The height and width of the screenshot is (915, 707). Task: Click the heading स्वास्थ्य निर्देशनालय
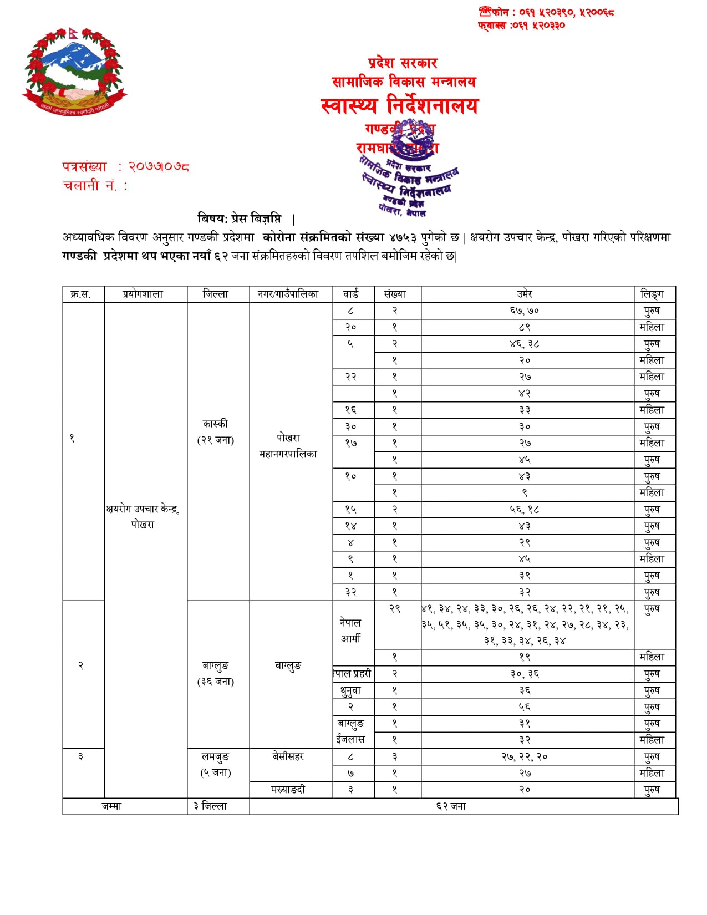[x=399, y=105]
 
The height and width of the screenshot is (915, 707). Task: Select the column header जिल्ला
[x=216, y=294]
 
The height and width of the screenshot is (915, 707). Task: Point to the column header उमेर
[x=525, y=294]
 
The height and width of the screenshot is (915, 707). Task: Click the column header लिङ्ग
[x=652, y=294]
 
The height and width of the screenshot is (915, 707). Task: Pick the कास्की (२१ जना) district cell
[x=216, y=431]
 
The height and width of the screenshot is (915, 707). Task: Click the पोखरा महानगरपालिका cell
[x=288, y=445]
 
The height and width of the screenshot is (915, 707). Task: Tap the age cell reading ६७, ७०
[x=525, y=311]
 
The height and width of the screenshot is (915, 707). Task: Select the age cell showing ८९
[x=525, y=327]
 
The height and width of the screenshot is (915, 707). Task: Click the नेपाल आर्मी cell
[x=350, y=631]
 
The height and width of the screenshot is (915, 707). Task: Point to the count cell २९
[x=395, y=608]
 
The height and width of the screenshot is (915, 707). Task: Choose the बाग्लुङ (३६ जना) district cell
[x=216, y=673]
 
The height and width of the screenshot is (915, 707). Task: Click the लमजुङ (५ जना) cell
[x=216, y=764]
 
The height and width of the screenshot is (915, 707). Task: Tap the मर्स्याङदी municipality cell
[x=288, y=789]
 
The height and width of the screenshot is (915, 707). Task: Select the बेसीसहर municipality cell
[x=288, y=756]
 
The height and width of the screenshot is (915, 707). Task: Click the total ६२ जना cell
[x=450, y=806]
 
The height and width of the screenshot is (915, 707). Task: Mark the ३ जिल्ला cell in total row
[x=211, y=806]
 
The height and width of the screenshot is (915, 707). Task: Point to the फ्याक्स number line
[x=521, y=25]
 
